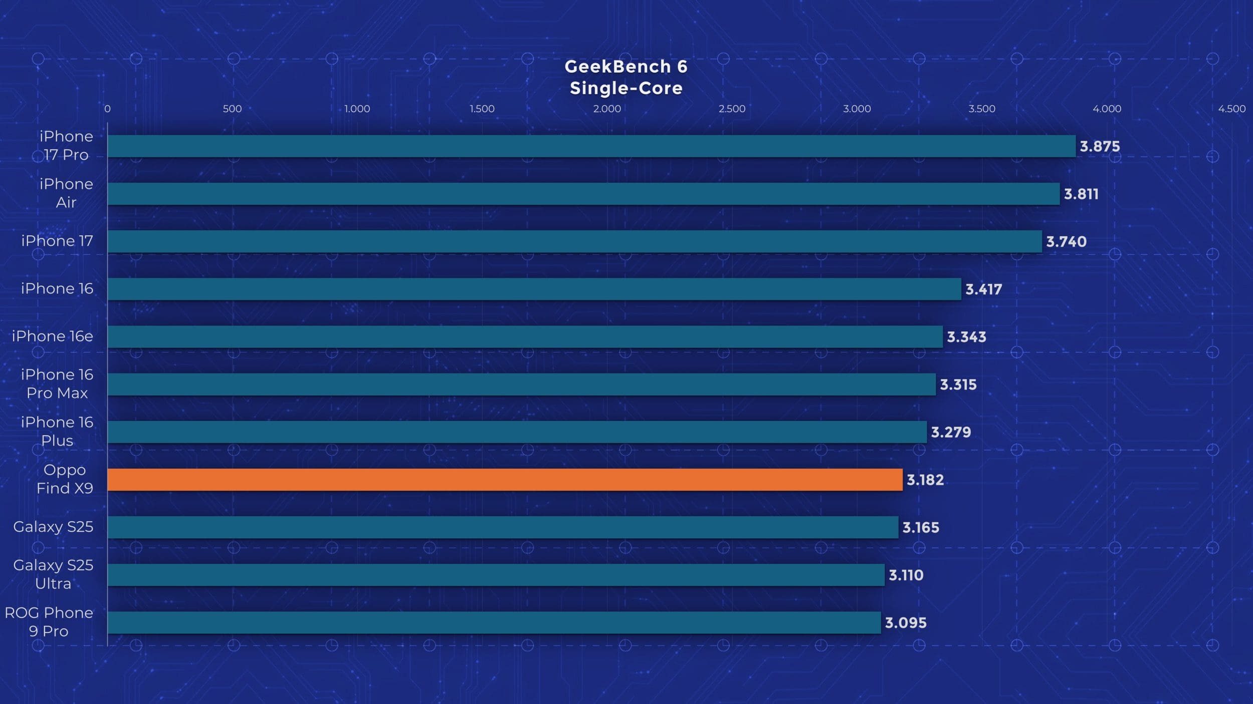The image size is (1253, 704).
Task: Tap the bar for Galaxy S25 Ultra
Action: [x=496, y=575]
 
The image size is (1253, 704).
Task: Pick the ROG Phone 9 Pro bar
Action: [x=494, y=622]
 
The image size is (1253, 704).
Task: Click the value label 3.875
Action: [x=1100, y=147]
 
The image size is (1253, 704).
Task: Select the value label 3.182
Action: [x=925, y=480]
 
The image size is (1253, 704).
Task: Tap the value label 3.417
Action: [x=983, y=289]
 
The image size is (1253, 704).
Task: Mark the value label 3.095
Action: [x=906, y=623]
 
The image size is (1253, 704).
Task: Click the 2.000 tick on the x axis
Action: [x=607, y=109]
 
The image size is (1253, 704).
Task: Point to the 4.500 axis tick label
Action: [x=1231, y=109]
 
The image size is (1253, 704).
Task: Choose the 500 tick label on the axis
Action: [x=232, y=109]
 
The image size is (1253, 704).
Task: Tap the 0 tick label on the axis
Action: [x=107, y=109]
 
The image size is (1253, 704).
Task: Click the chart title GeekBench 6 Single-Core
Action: [x=626, y=77]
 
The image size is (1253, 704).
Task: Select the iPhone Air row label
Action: [x=66, y=193]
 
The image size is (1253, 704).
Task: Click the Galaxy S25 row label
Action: [x=53, y=527]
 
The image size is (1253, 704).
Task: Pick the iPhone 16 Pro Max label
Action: [x=57, y=384]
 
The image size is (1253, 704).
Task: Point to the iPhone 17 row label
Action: [x=57, y=241]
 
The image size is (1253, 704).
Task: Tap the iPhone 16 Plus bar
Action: [x=517, y=432]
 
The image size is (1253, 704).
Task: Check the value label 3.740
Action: [x=1066, y=242]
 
